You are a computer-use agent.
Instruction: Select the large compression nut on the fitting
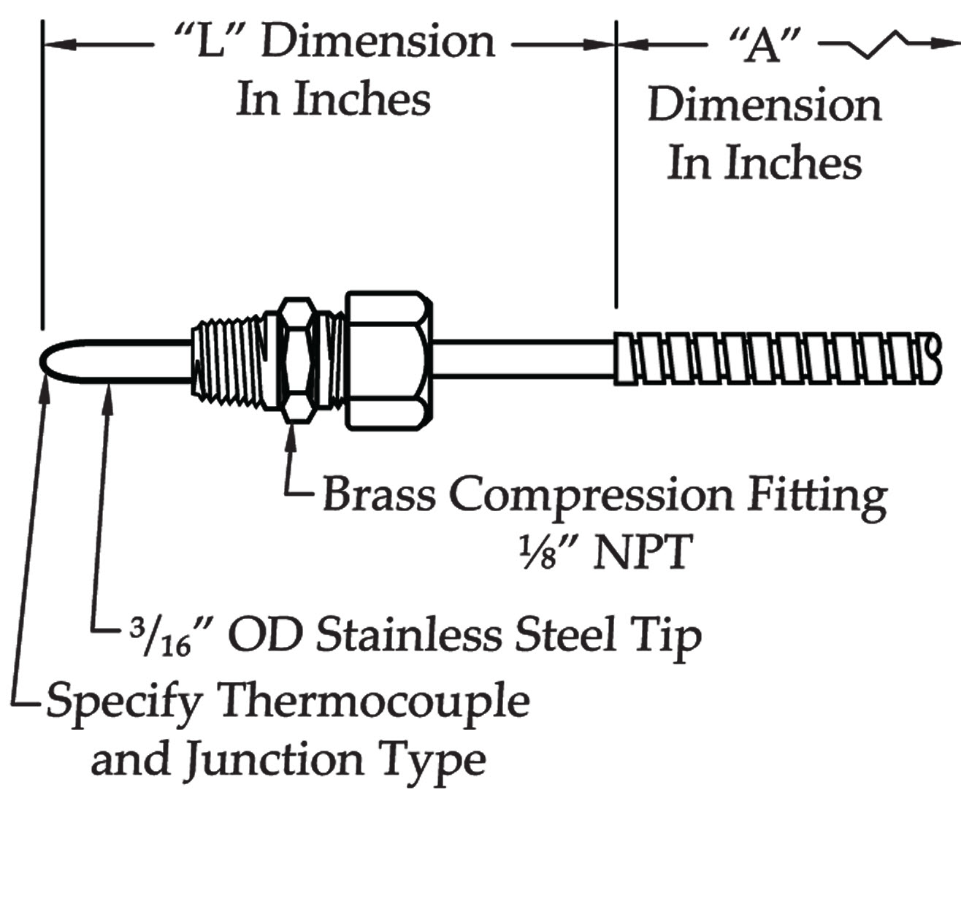pyautogui.click(x=386, y=361)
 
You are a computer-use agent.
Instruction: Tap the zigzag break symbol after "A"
pyautogui.click(x=883, y=45)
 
